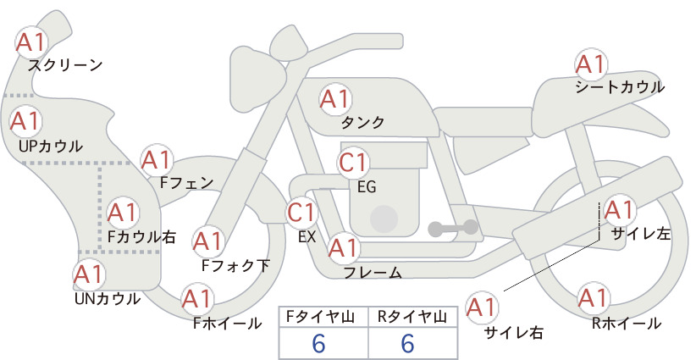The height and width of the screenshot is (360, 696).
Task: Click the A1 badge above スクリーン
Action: [31, 42]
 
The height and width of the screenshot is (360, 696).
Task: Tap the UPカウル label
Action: [51, 146]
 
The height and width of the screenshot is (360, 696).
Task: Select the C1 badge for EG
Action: [353, 163]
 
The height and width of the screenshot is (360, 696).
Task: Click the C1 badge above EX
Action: [301, 212]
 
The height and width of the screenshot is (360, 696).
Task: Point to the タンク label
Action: [362, 122]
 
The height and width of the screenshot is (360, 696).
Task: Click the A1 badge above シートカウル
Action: [591, 65]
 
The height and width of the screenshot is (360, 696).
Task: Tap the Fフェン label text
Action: [186, 182]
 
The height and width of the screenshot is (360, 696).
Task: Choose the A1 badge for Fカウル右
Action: [122, 213]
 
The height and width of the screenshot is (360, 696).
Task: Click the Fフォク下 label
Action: [235, 265]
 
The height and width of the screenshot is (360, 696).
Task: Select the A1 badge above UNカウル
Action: [89, 274]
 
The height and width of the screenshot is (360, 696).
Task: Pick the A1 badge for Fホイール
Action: [196, 299]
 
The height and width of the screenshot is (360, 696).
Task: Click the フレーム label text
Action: [373, 273]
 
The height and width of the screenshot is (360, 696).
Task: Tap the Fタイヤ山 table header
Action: [320, 317]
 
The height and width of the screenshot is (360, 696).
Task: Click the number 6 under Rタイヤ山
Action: [407, 343]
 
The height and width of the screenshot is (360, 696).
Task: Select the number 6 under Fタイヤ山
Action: [318, 343]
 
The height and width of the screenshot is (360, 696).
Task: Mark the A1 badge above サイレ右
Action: [482, 307]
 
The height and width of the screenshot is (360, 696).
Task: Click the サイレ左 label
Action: [640, 234]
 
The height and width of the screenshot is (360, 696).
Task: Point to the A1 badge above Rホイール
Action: [594, 298]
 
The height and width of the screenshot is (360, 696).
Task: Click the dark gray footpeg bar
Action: [453, 228]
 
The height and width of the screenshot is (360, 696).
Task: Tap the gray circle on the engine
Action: [384, 219]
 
